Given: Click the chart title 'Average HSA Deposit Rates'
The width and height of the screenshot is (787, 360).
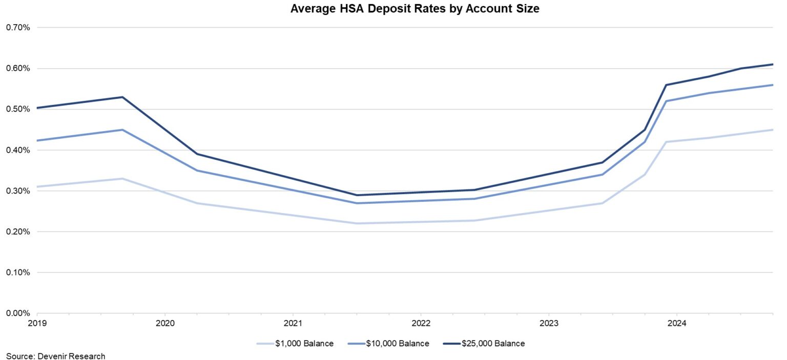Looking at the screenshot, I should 415,9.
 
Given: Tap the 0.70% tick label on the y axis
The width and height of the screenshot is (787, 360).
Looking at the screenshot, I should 17,28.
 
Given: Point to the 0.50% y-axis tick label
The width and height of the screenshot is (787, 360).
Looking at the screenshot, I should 17,109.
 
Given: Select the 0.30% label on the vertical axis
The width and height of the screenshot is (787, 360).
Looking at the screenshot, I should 17,191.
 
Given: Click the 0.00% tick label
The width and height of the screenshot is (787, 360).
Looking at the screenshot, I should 17,313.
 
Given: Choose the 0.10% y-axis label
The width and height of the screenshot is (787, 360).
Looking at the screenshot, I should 17,272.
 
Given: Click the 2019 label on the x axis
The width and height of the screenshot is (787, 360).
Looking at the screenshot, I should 37,324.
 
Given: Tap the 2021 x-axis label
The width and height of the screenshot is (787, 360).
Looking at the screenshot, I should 293,324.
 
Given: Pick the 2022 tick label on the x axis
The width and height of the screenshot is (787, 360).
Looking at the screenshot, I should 421,324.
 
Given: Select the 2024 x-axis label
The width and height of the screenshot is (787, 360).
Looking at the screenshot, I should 677,324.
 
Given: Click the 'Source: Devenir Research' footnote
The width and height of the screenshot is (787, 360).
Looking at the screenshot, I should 55,356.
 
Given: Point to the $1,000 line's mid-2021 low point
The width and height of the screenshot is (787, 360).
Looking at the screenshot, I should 357,223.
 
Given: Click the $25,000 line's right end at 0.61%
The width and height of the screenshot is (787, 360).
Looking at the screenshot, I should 772,65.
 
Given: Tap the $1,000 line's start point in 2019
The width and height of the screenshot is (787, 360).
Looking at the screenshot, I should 38,186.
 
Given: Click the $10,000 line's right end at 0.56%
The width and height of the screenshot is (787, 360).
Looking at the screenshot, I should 772,85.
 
